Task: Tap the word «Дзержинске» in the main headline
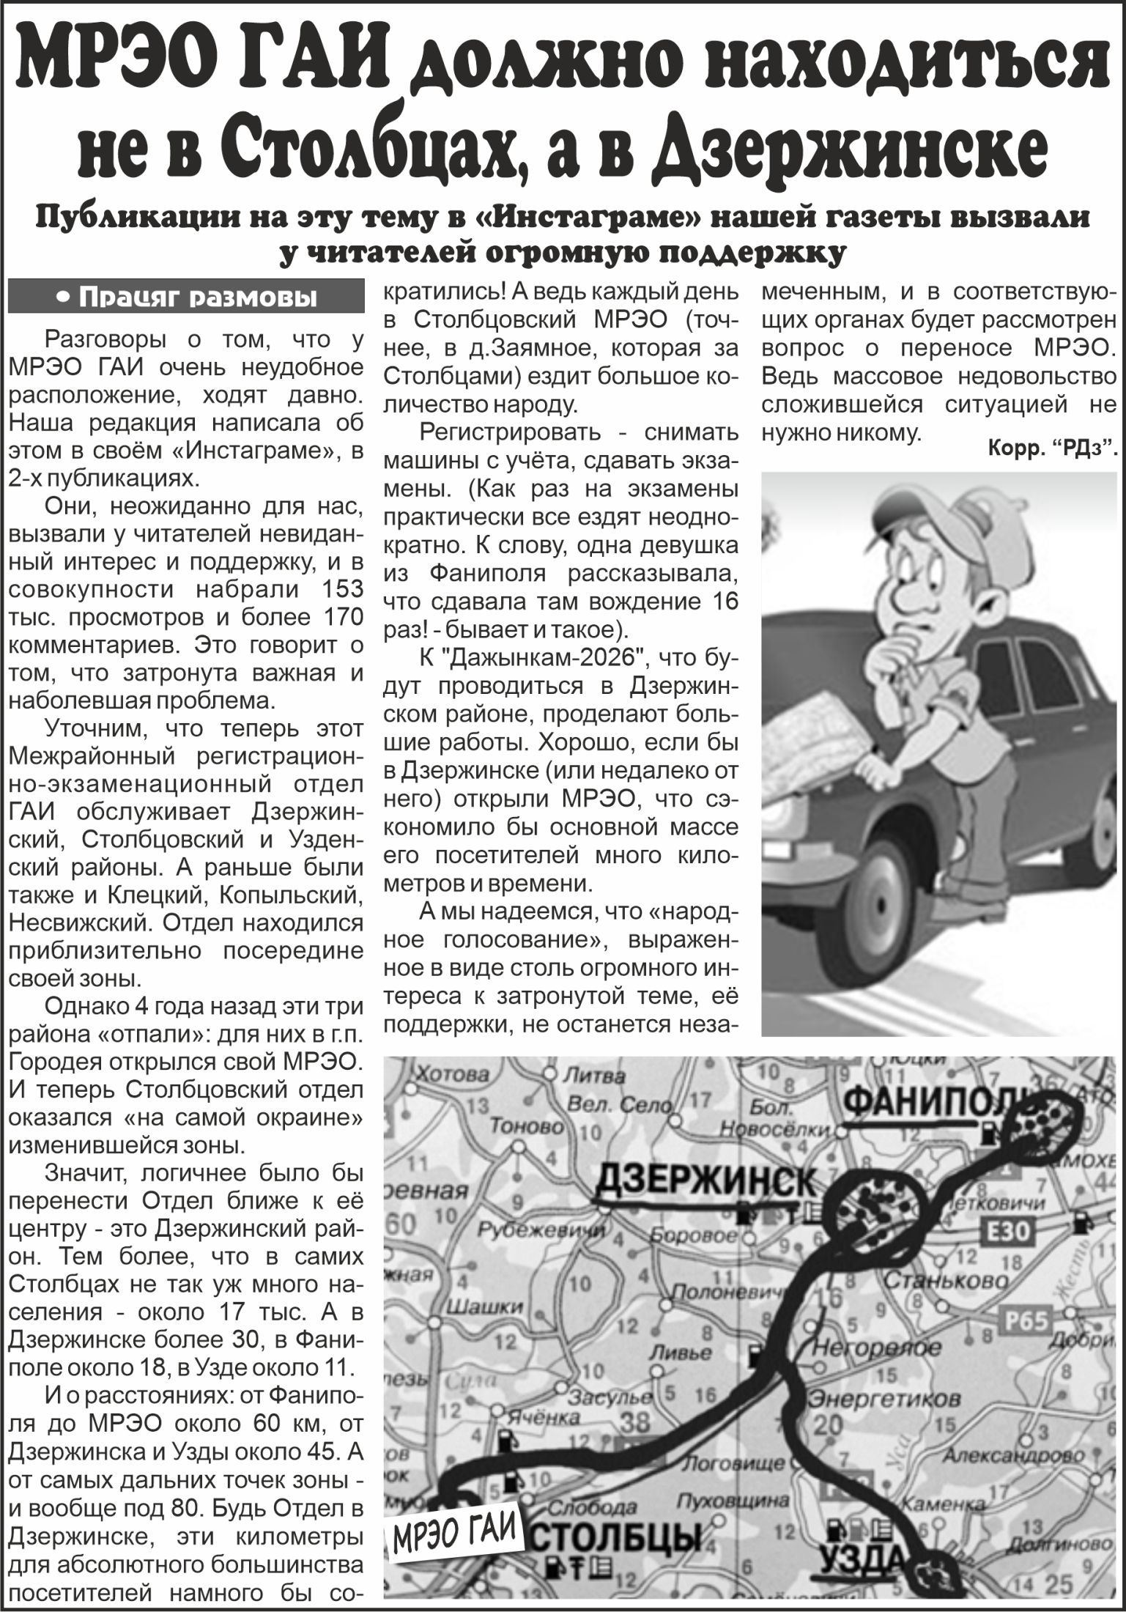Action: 850,147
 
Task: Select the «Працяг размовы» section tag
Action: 186,297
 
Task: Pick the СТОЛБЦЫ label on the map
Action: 618,1535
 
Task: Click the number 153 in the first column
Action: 344,588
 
